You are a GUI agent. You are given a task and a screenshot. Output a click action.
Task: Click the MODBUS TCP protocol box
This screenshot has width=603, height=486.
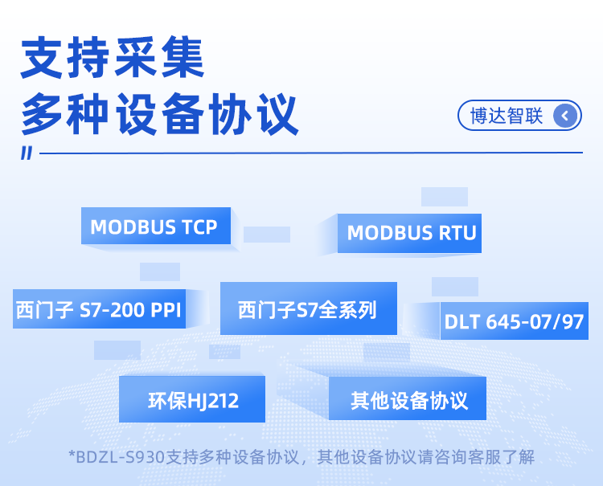155,227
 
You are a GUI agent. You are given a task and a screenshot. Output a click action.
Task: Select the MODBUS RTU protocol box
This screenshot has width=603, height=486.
411,233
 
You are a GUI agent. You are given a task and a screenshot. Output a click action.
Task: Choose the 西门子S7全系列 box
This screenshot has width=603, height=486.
308,308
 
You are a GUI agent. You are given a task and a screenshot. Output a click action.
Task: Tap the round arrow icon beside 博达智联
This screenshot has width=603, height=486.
566,116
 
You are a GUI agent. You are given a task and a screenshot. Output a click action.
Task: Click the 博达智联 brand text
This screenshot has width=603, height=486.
507,116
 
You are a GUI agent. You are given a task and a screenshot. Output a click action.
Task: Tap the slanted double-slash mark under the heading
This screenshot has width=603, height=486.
27,153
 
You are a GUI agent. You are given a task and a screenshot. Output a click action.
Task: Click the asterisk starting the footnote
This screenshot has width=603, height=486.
72,455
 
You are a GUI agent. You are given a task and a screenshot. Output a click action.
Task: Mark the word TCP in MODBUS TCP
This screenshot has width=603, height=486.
199,227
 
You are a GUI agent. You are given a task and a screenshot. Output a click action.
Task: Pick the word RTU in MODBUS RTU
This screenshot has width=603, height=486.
457,233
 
